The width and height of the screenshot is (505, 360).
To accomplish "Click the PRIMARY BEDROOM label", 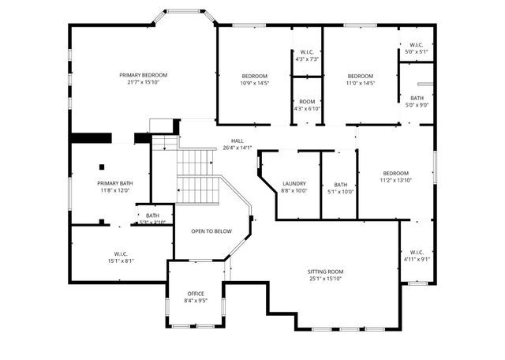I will [143, 75].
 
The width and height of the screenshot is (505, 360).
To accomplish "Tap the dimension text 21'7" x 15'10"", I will [143, 82].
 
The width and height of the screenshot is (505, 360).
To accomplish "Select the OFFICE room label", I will [196, 294].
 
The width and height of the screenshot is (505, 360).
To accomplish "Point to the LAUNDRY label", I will [294, 184].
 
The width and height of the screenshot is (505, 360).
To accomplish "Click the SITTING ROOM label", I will [326, 272].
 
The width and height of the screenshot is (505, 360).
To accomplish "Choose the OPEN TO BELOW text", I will [211, 231].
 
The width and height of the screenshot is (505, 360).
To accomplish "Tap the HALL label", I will [237, 141].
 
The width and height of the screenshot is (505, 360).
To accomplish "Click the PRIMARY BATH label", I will [114, 183].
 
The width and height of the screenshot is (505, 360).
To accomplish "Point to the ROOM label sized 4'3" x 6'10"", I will [308, 101].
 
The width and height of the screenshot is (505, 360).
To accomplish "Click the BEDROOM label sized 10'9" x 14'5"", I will [254, 76].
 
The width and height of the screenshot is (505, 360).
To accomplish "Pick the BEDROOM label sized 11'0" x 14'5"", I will [361, 76].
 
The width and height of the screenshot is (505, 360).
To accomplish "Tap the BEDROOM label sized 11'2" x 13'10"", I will [396, 173].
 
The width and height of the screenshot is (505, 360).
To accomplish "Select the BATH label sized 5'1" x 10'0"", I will [340, 184].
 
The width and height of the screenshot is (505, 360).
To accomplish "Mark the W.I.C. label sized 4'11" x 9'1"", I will [416, 252].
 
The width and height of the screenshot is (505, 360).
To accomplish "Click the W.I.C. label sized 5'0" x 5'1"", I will [416, 45].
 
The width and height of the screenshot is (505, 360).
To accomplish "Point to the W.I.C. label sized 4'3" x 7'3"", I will [307, 52].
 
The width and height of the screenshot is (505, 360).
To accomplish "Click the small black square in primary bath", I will [102, 167].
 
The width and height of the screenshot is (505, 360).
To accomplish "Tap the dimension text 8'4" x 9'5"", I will [196, 301].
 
